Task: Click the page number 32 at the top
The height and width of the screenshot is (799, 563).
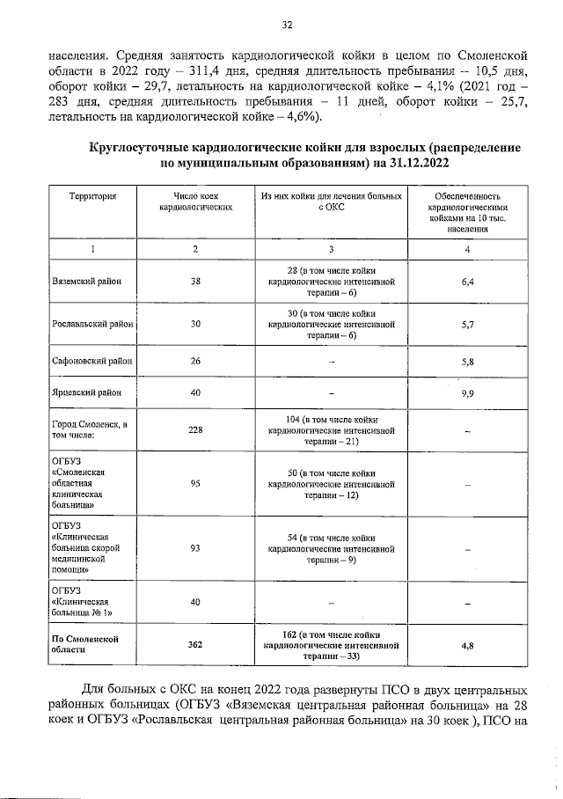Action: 286,25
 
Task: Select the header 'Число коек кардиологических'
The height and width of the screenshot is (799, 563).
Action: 195,202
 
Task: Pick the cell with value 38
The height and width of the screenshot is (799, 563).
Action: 195,282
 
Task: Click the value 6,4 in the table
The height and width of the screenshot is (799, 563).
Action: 468,282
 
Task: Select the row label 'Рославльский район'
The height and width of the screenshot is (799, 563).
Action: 92,324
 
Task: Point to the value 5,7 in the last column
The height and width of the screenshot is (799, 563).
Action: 468,324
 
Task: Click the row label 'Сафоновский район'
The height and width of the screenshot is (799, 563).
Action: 92,361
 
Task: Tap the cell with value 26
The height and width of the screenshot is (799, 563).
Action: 195,361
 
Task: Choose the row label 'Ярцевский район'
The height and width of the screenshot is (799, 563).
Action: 86,392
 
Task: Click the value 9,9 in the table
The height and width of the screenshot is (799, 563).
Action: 468,392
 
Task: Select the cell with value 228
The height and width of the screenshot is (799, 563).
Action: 195,429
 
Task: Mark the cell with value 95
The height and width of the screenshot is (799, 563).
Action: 195,483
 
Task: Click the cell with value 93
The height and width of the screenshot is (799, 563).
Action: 195,548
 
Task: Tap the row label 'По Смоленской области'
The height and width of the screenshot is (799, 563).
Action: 84,643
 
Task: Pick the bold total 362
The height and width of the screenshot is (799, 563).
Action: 195,644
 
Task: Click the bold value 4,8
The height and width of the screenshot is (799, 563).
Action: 468,644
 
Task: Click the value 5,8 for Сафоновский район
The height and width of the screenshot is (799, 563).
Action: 468,361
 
